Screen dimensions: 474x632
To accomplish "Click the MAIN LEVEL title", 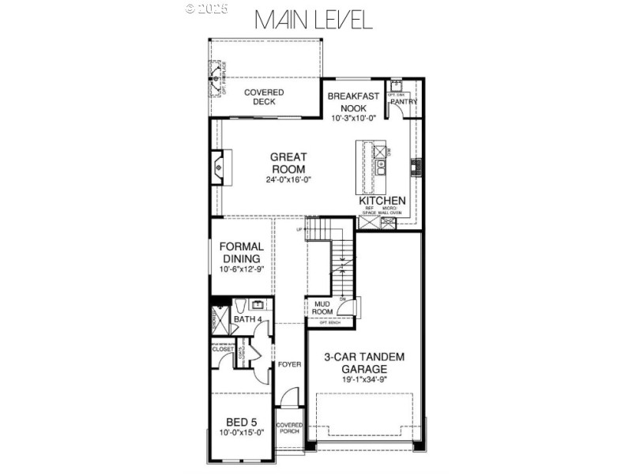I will (313, 20).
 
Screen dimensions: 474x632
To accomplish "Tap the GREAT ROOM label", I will (288, 163).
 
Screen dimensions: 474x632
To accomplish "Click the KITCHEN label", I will (382, 201).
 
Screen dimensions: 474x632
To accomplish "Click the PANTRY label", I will (404, 102).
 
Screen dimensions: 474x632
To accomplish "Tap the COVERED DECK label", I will (263, 97).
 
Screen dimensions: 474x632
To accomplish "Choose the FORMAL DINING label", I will (242, 253).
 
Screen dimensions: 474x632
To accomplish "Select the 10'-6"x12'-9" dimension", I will (242, 269).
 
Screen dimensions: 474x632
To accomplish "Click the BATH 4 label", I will (248, 318).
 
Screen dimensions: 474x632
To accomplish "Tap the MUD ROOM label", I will (322, 307).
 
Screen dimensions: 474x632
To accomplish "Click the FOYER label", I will (291, 364).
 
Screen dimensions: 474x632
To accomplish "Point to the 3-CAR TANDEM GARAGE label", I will (363, 363).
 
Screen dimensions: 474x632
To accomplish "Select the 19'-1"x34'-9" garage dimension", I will (363, 380).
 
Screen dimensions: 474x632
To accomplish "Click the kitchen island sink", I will (381, 167).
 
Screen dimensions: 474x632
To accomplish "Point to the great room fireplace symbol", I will (219, 167).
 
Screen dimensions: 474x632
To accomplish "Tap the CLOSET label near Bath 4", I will (223, 348).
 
